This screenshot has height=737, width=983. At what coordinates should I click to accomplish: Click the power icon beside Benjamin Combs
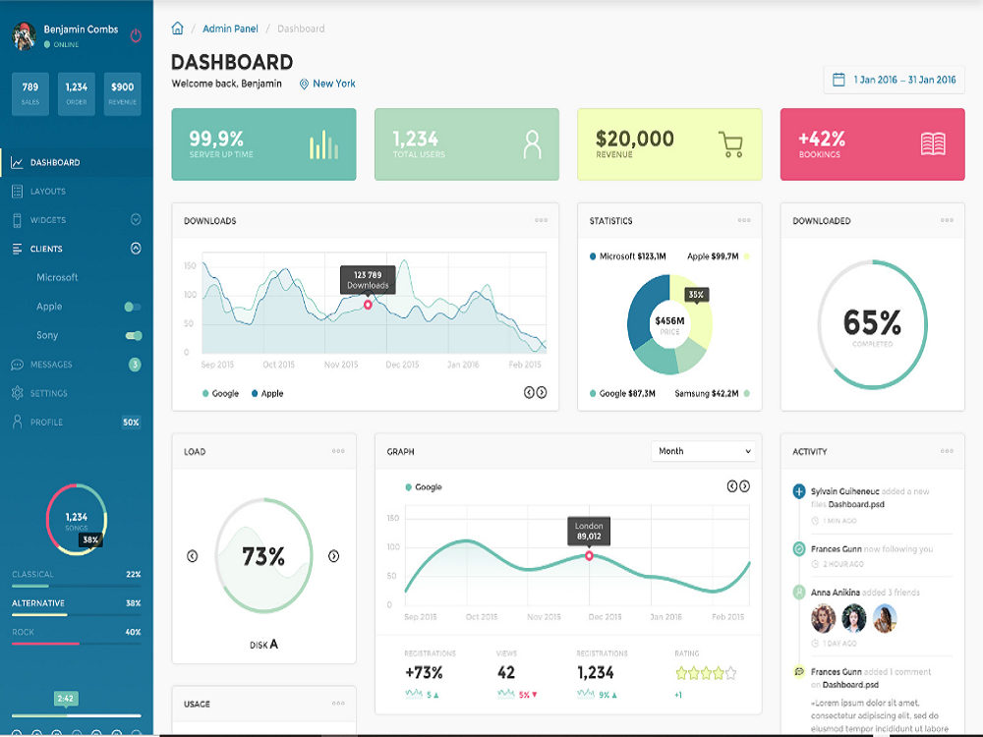pos(136,35)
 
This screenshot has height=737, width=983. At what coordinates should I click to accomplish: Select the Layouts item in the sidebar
pos(47,192)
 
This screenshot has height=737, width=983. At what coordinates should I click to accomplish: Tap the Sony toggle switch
pos(134,336)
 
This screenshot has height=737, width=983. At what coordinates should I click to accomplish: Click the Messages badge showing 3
pos(135,365)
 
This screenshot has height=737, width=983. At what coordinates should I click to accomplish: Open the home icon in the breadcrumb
pos(178,28)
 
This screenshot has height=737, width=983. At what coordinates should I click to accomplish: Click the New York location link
pos(327,84)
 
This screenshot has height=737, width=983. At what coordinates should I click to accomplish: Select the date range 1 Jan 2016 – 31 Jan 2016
pos(894,80)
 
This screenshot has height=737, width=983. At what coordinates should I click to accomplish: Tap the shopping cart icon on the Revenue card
pos(730,144)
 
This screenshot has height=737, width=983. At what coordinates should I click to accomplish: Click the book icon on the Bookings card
pos(933,144)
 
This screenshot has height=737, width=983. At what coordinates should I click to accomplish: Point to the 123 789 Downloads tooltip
pos(368,279)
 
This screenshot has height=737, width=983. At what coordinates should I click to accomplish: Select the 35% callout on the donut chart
pos(696,294)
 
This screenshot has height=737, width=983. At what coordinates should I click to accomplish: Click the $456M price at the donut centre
pos(669,321)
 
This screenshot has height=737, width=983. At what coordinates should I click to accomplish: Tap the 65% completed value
pos(872,322)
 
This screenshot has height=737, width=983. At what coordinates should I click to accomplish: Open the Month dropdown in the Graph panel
pos(703,451)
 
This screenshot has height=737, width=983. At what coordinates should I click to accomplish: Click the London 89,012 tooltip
pos(589,531)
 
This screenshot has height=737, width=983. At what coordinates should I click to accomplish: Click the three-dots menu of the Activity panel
pos(947,451)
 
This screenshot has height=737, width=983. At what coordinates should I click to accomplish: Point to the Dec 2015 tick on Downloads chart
pos(402,365)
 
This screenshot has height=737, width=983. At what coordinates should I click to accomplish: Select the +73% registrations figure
pos(424,673)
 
